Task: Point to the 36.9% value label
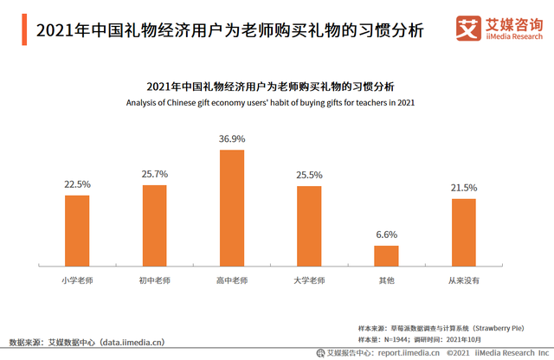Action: coord(232,138)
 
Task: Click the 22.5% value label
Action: coord(77,184)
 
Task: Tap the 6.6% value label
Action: coord(386,235)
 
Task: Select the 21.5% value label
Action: coord(464,188)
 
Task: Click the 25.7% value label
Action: coord(154,174)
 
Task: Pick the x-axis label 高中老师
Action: coord(232,280)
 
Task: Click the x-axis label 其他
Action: coord(386,280)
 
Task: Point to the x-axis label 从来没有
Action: coord(464,280)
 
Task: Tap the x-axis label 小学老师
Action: coord(77,280)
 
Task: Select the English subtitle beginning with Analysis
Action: coord(271,103)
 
